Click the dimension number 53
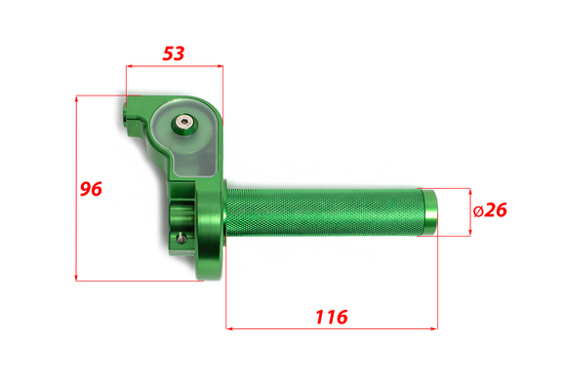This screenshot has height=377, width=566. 174,54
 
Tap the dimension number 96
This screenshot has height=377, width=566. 91,189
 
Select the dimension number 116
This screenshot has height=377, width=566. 332,317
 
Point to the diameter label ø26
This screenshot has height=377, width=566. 490,210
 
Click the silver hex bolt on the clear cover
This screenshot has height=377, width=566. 184,123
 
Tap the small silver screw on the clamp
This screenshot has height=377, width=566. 182,239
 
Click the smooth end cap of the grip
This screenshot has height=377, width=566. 430,212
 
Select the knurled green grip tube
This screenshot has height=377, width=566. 324,212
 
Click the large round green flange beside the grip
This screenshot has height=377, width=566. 210,230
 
